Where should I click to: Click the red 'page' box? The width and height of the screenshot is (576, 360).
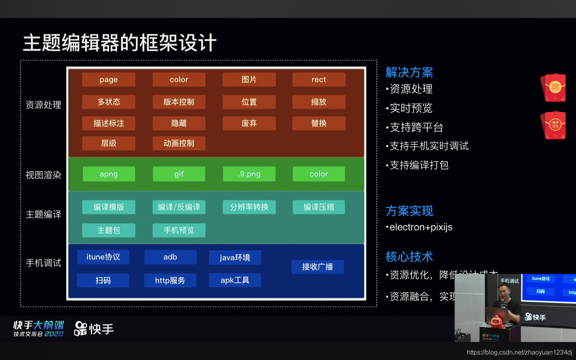tap(108, 80)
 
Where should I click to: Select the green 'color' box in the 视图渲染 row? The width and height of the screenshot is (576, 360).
tap(318, 174)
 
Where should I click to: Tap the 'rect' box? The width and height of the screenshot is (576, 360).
tap(318, 80)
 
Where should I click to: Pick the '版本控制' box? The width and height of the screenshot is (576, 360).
tap(179, 102)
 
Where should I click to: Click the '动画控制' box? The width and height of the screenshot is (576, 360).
tap(179, 143)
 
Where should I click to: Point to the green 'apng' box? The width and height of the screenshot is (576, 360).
tap(108, 174)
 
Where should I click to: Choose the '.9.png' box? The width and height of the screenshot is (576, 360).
tap(249, 174)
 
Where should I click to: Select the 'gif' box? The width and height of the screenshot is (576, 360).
tap(179, 174)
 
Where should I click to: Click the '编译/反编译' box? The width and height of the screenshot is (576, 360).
tap(179, 207)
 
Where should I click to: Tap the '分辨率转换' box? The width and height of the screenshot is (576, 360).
tap(249, 207)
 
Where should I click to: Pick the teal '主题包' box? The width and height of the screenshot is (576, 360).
tap(108, 230)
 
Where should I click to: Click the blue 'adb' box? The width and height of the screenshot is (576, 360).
tap(170, 257)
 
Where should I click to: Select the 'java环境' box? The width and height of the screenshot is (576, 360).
tap(235, 258)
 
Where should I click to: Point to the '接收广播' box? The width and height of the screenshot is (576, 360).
tap(317, 267)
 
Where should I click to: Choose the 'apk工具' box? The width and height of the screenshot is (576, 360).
tap(235, 280)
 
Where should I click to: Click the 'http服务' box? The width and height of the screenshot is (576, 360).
tap(170, 281)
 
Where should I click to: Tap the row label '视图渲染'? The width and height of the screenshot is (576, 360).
tap(43, 175)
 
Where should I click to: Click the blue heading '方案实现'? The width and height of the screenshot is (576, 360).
tap(409, 211)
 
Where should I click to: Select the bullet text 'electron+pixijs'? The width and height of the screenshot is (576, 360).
tap(421, 227)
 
